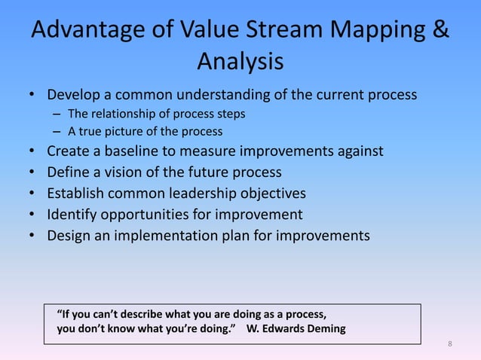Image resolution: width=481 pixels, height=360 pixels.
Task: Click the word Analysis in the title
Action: [x=240, y=62]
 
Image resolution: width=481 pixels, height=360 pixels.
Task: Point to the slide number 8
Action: [x=450, y=344]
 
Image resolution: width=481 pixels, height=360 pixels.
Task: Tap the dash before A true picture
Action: [x=57, y=132]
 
